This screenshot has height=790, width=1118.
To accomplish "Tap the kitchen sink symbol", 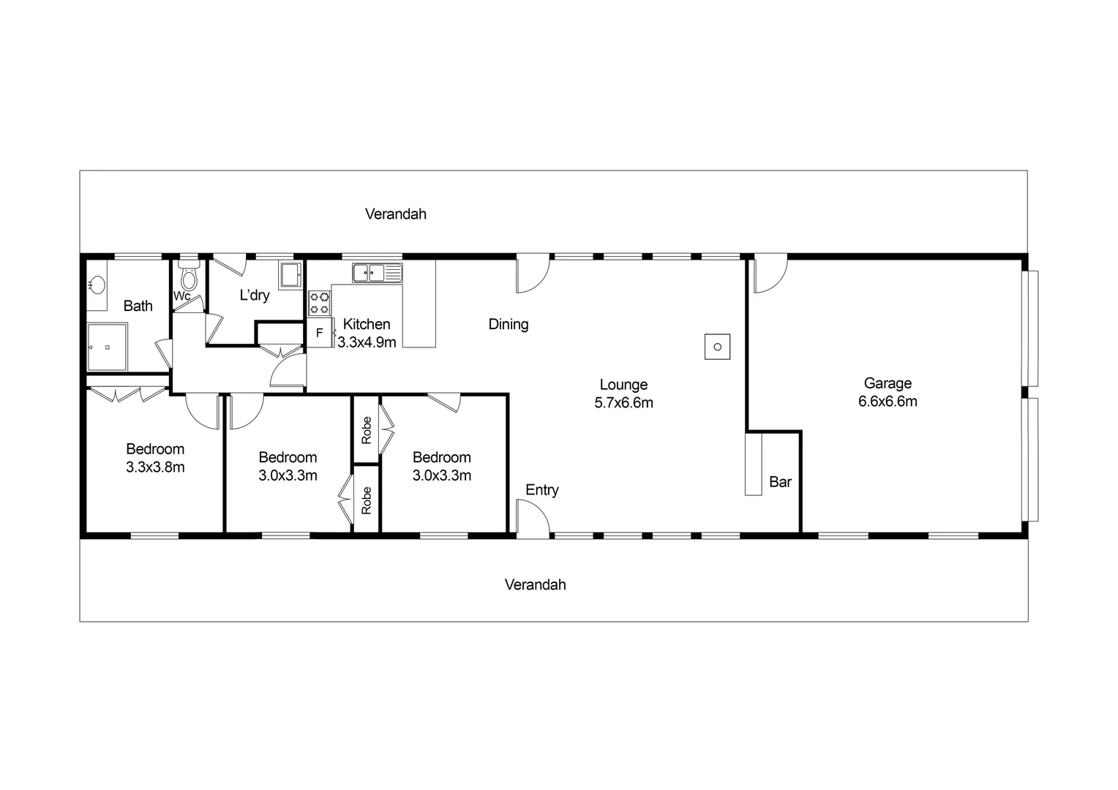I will (377, 273).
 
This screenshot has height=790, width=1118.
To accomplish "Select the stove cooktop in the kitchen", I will (319, 304).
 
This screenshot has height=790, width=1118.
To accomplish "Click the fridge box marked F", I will (319, 333).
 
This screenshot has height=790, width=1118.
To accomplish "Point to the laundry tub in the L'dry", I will (290, 275).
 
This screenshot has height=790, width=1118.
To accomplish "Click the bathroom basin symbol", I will (97, 285).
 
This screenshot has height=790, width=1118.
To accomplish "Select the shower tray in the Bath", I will (107, 347).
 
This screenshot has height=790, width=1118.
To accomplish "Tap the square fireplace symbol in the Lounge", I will (717, 347).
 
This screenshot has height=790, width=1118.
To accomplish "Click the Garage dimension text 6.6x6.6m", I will (888, 402).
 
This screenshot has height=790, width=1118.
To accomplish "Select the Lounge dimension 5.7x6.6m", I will (623, 403).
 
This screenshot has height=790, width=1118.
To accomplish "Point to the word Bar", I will (780, 482).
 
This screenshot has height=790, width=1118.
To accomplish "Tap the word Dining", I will (509, 324).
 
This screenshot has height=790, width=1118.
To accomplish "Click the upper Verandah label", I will (395, 214).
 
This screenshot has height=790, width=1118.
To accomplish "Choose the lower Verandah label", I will (535, 585).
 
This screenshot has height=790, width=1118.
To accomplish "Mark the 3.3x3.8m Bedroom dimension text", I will (155, 467).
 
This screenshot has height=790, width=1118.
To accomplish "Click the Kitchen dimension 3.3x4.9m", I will (367, 342).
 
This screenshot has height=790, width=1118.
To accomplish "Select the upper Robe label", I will (367, 429).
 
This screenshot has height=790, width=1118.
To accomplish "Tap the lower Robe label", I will (367, 500).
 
